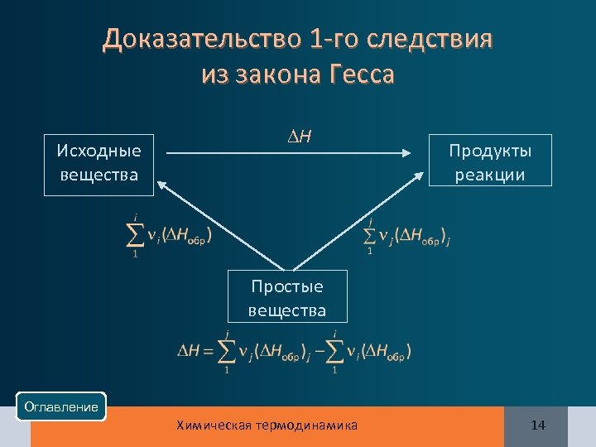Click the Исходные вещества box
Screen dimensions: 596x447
click(x=99, y=164)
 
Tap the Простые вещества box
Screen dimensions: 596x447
click(x=287, y=298)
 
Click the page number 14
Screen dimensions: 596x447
click(x=538, y=425)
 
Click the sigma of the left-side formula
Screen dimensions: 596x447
click(x=133, y=235)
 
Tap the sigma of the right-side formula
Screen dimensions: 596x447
click(x=371, y=236)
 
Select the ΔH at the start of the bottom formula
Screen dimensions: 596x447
click(x=187, y=352)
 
